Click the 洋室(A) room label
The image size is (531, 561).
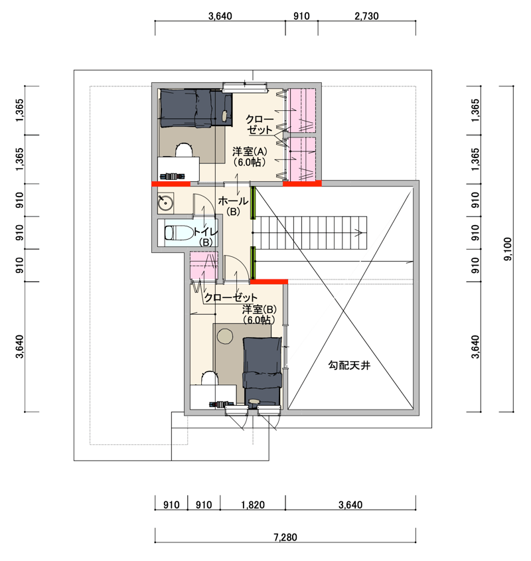pos(250,157)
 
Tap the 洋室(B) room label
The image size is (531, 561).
pos(259,314)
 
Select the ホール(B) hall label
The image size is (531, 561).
pos(233,206)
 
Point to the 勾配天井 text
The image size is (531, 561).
pos(349,365)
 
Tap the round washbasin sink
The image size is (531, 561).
pos(166,203)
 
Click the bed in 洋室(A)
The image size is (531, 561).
pos(196,108)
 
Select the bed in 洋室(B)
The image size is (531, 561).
pos(262,371)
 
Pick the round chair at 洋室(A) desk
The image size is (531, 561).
pos(184,149)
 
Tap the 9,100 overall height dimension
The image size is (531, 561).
pos(508,249)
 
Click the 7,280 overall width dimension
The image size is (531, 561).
pos(285,537)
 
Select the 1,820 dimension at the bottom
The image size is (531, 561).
pos(253,505)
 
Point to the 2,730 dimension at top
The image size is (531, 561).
pos(366,16)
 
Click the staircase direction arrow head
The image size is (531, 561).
pos(359,233)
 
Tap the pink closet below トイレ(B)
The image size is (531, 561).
pos(204,265)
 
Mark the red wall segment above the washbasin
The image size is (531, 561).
pos(171,184)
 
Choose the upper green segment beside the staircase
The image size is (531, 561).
pos(253,202)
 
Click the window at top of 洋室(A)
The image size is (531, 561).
pos(245,86)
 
